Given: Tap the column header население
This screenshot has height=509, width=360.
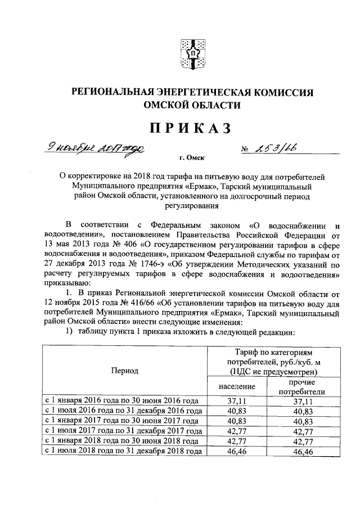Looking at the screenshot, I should [236, 386].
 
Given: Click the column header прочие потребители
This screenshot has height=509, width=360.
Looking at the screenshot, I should [303, 387].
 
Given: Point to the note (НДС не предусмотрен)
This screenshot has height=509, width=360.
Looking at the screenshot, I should [270, 372].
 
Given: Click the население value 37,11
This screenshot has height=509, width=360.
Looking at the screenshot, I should [236, 401].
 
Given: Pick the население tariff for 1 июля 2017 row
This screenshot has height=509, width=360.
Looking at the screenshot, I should [236, 431].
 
